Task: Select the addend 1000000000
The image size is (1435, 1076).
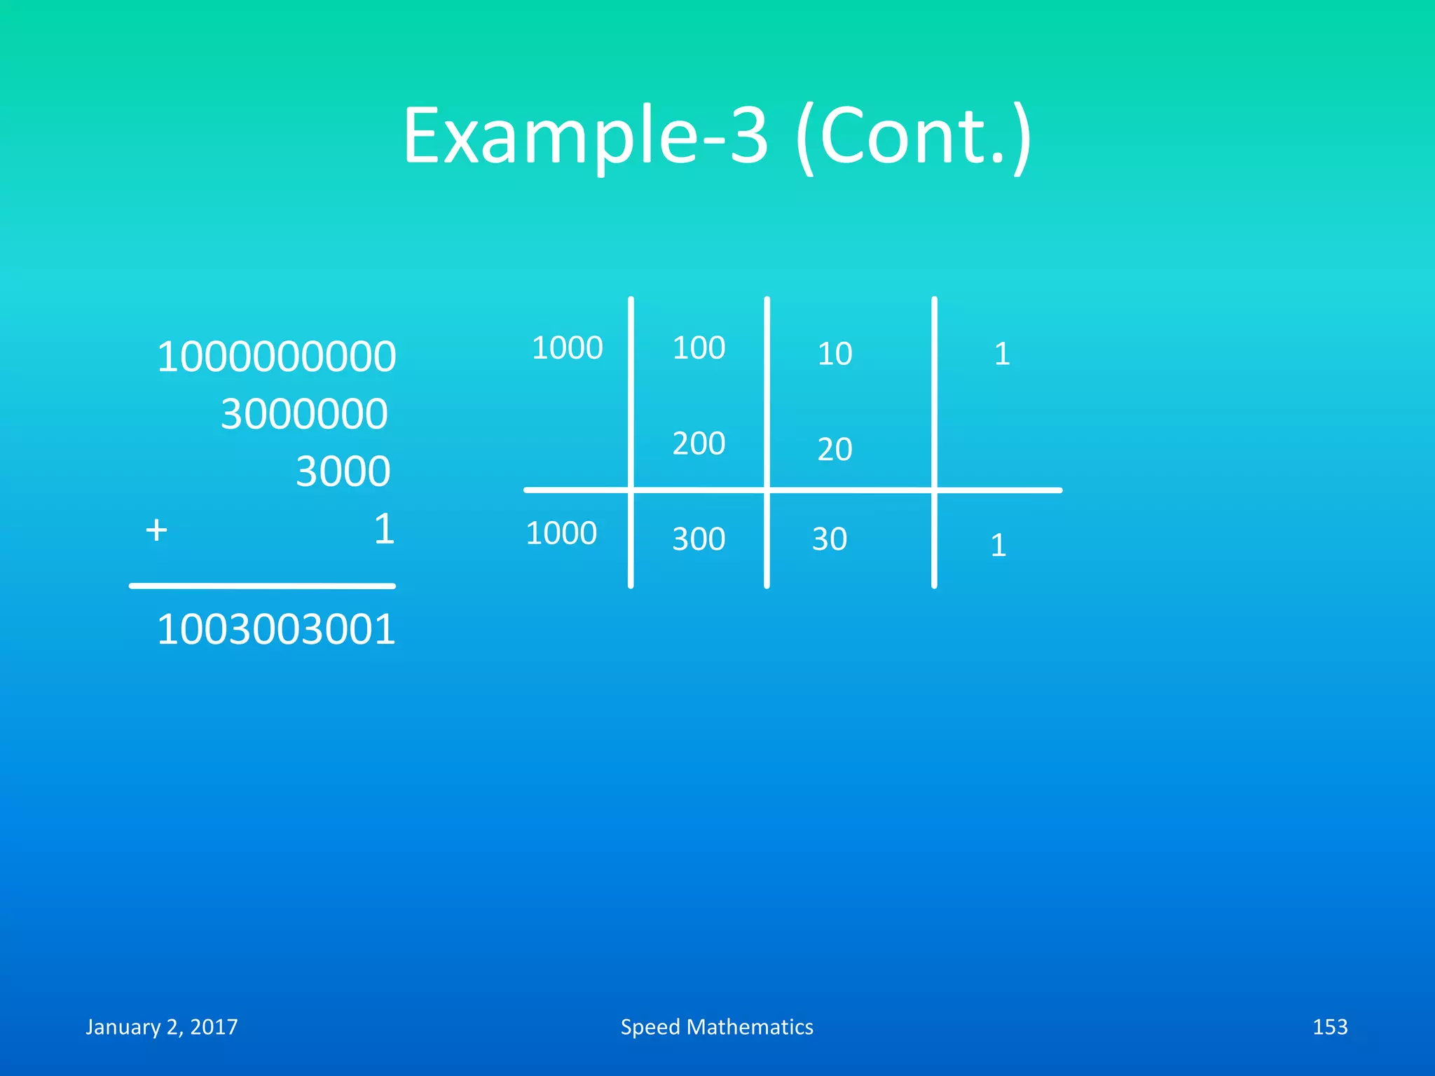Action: pyautogui.click(x=276, y=357)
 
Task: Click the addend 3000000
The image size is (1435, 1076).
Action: pyautogui.click(x=304, y=414)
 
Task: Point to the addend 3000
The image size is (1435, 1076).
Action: pyautogui.click(x=343, y=471)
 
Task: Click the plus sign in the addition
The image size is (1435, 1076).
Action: pyautogui.click(x=156, y=530)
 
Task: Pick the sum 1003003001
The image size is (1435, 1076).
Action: pyautogui.click(x=276, y=629)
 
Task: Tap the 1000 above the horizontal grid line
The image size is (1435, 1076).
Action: pyautogui.click(x=567, y=348)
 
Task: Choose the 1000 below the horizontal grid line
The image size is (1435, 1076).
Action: pyautogui.click(x=561, y=533)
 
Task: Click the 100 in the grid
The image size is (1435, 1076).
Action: pyautogui.click(x=699, y=348)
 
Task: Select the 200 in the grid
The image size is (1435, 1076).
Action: pyautogui.click(x=699, y=443)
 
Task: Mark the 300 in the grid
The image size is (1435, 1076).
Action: pyautogui.click(x=699, y=539)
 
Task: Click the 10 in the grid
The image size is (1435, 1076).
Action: pyautogui.click(x=835, y=354)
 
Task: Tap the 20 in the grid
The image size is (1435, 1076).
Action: pyautogui.click(x=835, y=449)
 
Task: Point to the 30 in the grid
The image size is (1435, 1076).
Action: pyautogui.click(x=830, y=539)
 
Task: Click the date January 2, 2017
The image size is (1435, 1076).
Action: pyautogui.click(x=162, y=1027)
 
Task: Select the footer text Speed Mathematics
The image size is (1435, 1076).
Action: pyautogui.click(x=717, y=1027)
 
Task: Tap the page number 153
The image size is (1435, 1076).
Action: pyautogui.click(x=1329, y=1027)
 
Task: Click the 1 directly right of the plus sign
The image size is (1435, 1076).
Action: pyautogui.click(x=384, y=529)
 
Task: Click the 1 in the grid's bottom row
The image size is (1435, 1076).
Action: pyautogui.click(x=998, y=545)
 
